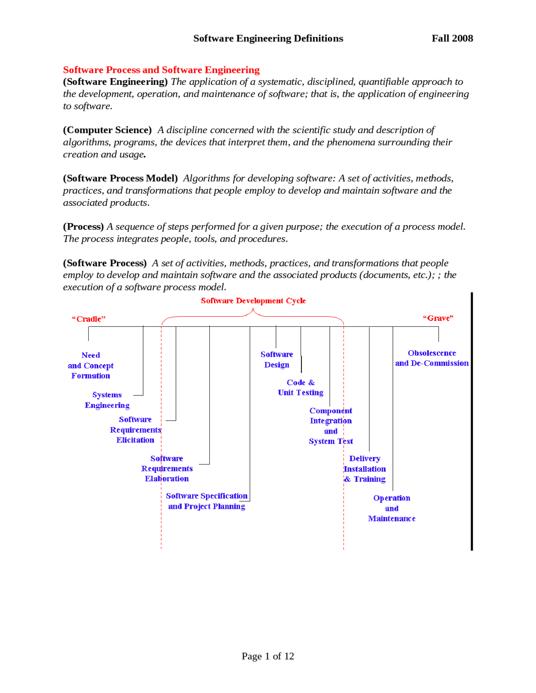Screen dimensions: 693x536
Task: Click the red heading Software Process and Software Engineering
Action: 161,70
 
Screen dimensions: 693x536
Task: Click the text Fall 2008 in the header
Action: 452,38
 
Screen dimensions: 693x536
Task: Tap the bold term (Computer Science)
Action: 107,130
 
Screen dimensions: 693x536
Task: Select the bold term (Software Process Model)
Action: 120,178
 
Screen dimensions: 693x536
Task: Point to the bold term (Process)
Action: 83,227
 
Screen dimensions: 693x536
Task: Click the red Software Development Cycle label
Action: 253,301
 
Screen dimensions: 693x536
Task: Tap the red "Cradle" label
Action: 88,319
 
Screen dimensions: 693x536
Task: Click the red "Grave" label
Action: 438,318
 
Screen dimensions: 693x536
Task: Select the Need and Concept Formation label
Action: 90,365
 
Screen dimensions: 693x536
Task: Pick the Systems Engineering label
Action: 107,400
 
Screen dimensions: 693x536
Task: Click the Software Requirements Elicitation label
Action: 135,430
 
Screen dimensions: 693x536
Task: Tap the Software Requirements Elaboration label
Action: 167,469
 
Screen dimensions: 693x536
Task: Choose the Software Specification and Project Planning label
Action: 206,501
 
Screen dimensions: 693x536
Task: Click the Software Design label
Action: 276,359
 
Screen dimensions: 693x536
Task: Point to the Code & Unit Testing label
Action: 300,388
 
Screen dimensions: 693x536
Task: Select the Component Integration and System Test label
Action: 330,426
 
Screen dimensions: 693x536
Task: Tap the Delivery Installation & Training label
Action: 365,469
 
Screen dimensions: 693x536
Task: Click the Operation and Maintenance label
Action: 392,508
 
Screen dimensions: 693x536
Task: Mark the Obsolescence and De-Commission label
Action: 432,358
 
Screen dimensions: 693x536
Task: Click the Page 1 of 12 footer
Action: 268,656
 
